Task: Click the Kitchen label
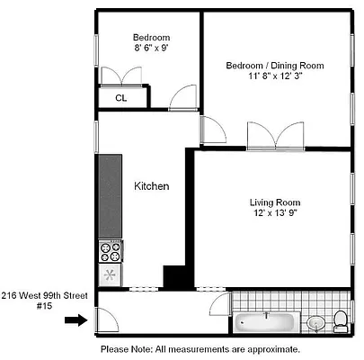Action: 152,186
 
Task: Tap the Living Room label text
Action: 275,202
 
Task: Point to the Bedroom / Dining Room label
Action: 274,66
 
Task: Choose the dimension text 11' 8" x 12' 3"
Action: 274,78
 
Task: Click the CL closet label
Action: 120,99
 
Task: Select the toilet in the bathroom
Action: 340,320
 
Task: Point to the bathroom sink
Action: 315,322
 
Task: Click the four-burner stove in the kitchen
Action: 110,249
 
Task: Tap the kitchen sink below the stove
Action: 110,274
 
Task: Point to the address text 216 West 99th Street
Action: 44,294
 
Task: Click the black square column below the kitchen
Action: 173,276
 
